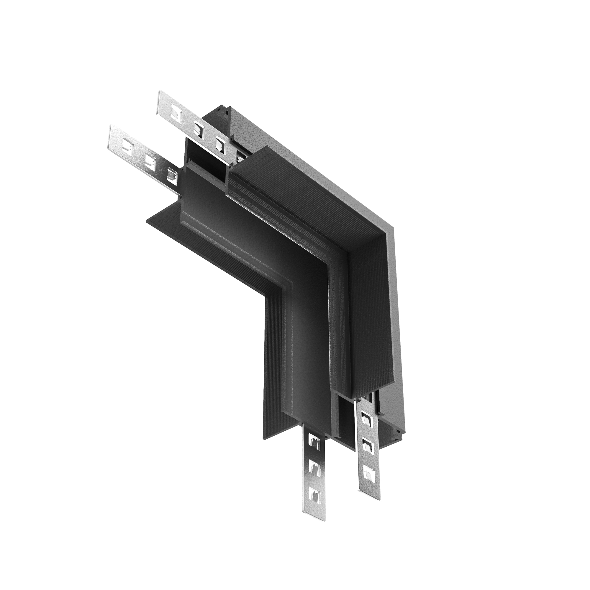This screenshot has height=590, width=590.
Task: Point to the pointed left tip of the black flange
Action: pyautogui.click(x=146, y=221)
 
